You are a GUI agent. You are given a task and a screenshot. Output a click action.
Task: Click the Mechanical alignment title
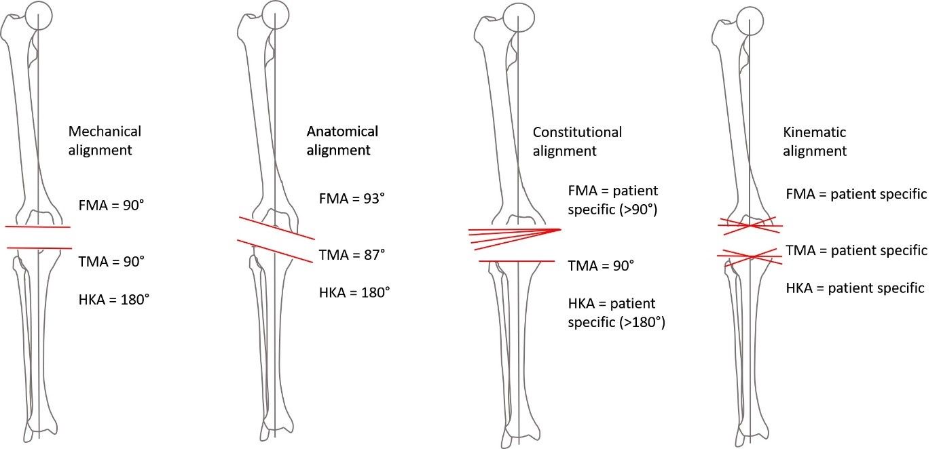(x=105, y=140)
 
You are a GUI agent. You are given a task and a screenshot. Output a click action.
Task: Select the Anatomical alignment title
(x=342, y=140)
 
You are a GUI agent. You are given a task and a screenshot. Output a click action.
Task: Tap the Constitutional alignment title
(x=577, y=141)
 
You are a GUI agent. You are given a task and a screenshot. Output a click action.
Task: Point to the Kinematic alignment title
(x=815, y=141)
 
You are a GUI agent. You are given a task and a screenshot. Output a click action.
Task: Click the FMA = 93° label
(x=352, y=199)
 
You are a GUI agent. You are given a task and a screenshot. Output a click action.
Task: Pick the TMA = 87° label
(x=352, y=255)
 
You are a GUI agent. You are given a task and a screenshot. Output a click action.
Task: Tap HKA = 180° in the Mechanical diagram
(x=114, y=298)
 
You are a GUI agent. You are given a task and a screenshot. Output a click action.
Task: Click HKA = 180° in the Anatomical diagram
(x=354, y=293)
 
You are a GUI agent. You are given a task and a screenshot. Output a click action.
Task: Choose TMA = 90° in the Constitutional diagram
(x=601, y=265)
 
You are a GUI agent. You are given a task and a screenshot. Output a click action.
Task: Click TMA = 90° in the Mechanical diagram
(x=112, y=260)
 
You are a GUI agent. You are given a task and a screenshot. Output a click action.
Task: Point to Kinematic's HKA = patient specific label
(x=855, y=288)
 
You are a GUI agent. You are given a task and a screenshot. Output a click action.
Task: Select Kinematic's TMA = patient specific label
(x=856, y=250)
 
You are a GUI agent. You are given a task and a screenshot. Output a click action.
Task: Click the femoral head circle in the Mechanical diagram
(x=39, y=15)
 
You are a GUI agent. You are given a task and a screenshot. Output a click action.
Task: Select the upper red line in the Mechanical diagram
(x=38, y=227)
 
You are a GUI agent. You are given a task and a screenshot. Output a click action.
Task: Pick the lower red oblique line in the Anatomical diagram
(x=275, y=250)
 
